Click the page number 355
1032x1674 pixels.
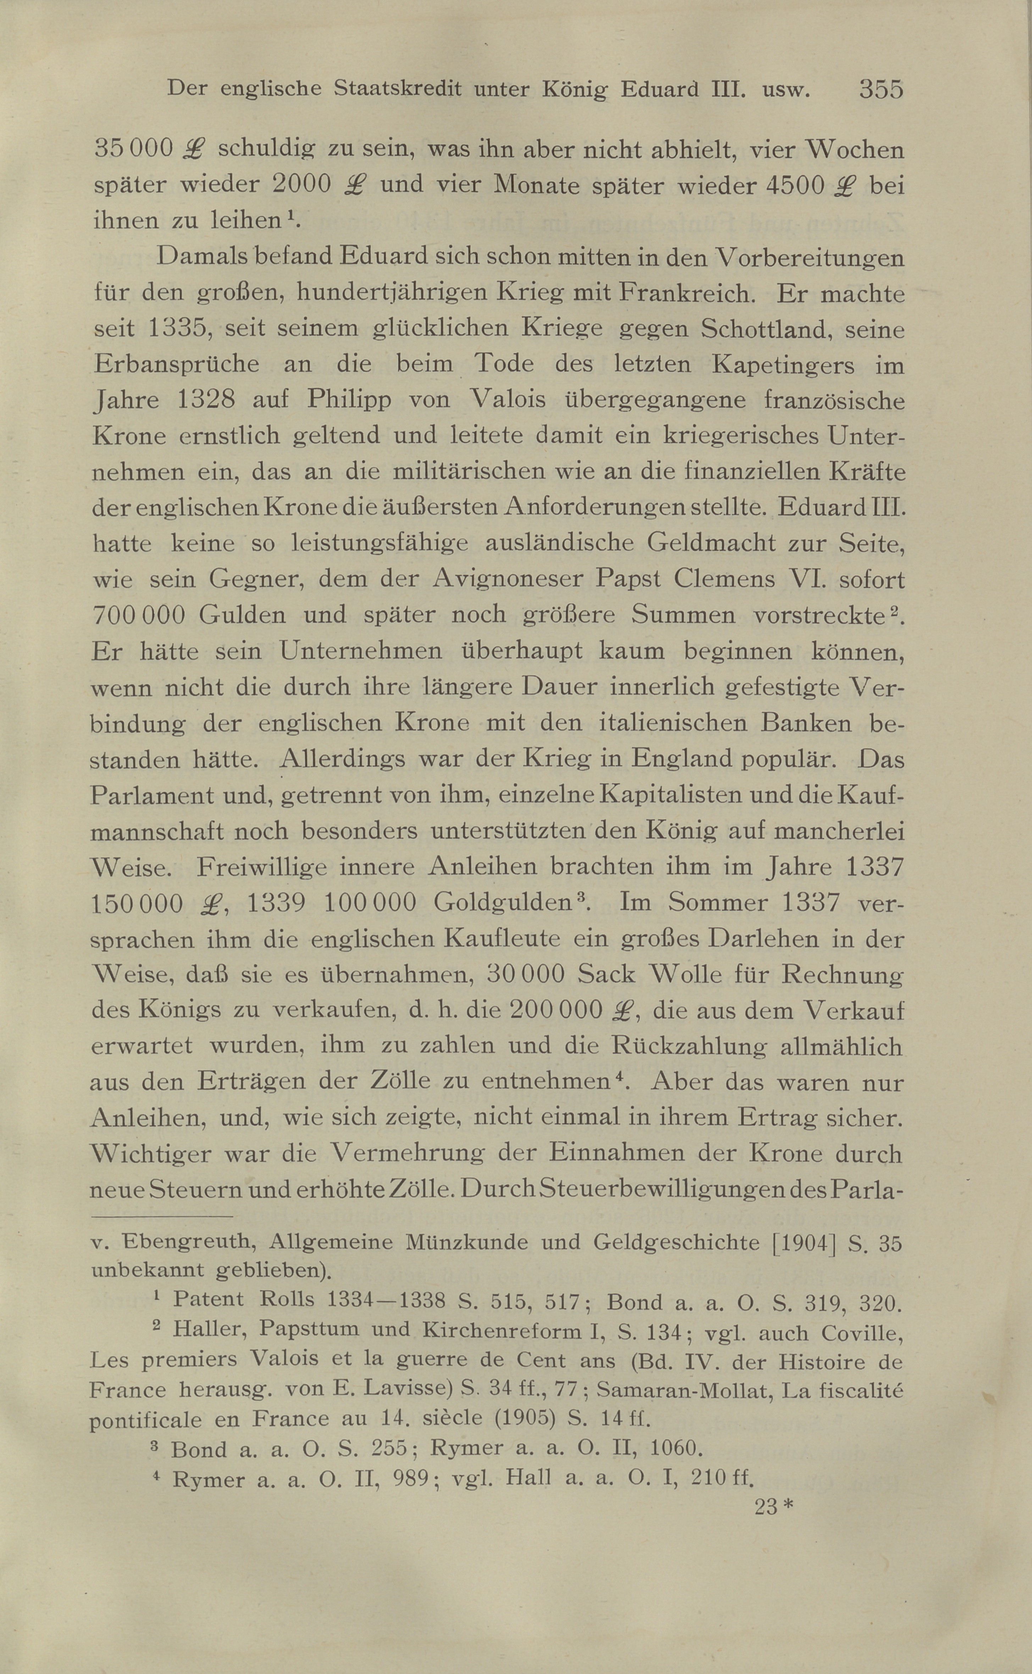881,89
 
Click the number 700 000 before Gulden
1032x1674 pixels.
138,615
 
